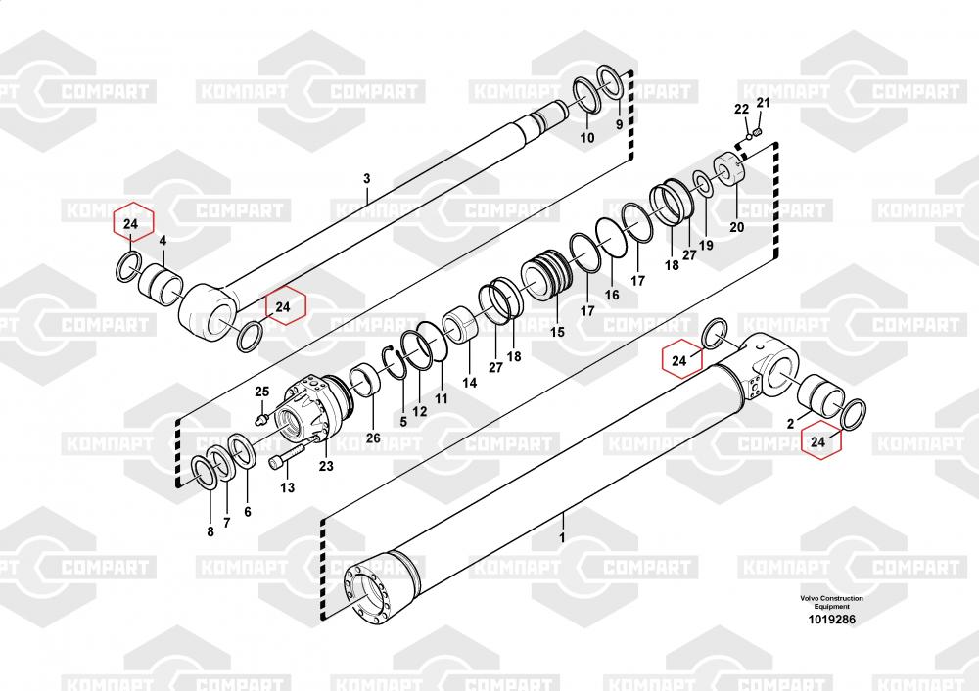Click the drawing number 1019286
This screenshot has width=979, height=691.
tap(831, 620)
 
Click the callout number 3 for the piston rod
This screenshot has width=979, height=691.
tap(367, 179)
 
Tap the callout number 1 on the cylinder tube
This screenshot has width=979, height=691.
tap(562, 537)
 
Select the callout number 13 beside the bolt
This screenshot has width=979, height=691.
tap(287, 486)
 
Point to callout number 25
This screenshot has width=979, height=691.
tap(261, 392)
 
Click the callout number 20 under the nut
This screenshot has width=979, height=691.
tap(736, 227)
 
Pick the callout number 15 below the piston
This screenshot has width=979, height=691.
tap(557, 332)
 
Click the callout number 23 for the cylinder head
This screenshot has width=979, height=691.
tap(325, 466)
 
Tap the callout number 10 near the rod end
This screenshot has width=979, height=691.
tap(587, 138)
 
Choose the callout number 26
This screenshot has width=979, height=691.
tap(373, 438)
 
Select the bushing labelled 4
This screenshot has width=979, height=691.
tap(163, 284)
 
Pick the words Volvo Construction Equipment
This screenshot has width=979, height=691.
tap(831, 602)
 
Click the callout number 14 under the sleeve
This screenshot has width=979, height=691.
tap(470, 383)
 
